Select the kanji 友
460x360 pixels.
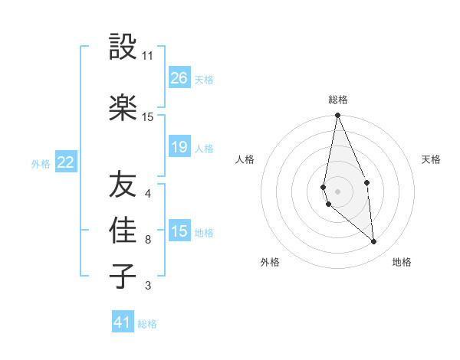click(x=123, y=185)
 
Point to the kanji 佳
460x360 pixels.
click(x=123, y=231)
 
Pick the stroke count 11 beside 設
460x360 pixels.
click(x=148, y=56)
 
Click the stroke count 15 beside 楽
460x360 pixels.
click(x=148, y=117)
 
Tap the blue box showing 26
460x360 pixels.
click(x=179, y=77)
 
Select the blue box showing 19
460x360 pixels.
click(x=179, y=147)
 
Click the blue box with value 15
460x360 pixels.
click(x=179, y=231)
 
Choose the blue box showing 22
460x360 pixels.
click(x=66, y=162)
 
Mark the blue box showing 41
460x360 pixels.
click(x=123, y=322)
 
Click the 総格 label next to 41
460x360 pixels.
click(x=147, y=324)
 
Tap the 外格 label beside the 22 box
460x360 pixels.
click(x=41, y=163)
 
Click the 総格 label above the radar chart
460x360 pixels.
click(x=338, y=100)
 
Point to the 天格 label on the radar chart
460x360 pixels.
click(x=432, y=159)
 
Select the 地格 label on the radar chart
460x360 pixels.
click(x=402, y=262)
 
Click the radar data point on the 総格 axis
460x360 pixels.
click(x=337, y=116)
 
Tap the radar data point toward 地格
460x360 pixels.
click(x=374, y=242)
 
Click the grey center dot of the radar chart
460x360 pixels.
click(x=337, y=191)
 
